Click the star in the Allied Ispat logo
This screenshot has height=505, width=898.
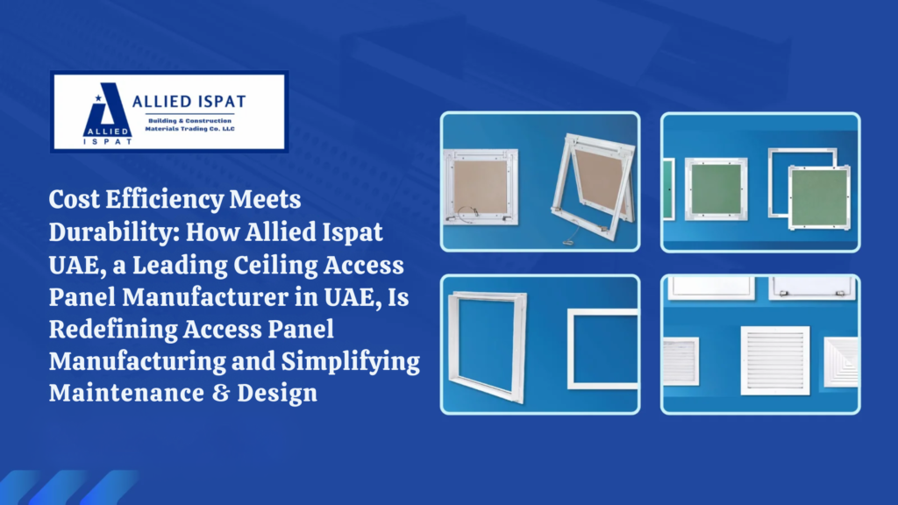coord(98,98)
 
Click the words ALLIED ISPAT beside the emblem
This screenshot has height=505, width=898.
coord(189,102)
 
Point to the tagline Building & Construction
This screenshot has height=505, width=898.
coord(189,121)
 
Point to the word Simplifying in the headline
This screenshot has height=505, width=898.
coord(351,362)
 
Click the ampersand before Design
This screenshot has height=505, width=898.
coord(220,394)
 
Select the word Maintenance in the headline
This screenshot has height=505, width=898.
coord(126,394)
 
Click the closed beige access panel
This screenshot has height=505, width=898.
coord(481,187)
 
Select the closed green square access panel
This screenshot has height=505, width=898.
coord(716,189)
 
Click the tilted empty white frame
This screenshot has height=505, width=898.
coord(488,345)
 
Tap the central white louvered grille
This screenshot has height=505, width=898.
coord(775,360)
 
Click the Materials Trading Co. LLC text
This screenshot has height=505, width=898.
coord(189,129)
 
